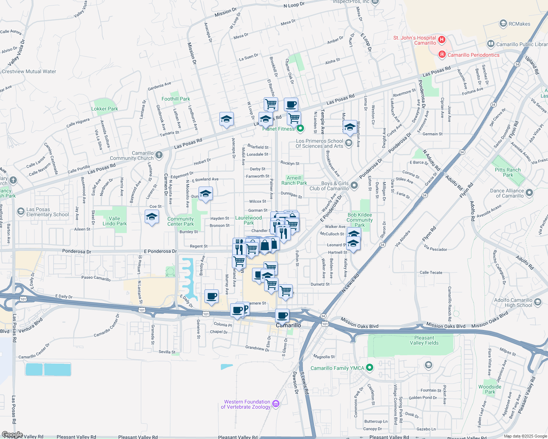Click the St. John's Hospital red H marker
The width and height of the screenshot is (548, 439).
click(442, 40)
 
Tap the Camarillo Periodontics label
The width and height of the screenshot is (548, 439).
click(473, 55)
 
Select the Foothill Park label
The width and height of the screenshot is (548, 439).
click(176, 99)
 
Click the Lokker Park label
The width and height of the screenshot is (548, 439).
click(105, 109)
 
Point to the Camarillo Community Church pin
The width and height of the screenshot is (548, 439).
click(159, 155)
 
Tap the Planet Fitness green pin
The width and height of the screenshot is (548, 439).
click(300, 128)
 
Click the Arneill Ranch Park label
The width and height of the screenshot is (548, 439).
click(294, 180)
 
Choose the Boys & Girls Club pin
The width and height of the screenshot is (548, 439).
click(354, 185)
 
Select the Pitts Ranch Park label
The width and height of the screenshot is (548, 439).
click(508, 172)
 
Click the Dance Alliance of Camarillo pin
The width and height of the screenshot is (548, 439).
click(529, 193)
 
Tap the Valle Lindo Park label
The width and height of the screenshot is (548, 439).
click(114, 221)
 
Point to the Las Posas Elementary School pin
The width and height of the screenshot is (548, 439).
click(21, 211)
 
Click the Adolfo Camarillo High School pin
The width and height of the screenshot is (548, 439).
click(538, 302)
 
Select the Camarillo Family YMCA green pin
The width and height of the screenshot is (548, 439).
click(370, 368)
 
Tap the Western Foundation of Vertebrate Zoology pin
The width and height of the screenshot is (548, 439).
click(276, 404)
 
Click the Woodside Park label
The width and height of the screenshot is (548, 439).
click(490, 389)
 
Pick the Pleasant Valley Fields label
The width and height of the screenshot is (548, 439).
click(424, 340)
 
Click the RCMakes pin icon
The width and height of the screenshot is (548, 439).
click(503, 24)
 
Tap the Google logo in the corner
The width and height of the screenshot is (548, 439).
click(12, 435)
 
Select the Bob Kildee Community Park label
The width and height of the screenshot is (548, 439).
click(360, 220)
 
